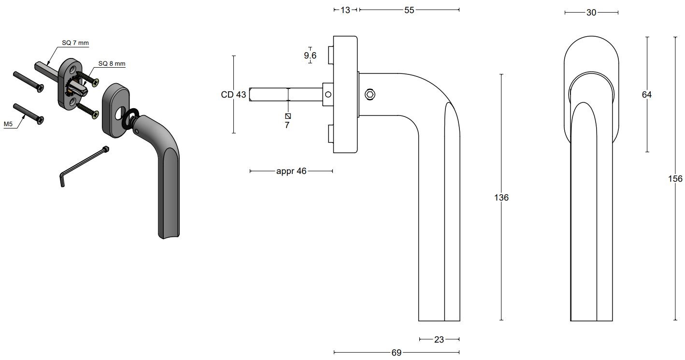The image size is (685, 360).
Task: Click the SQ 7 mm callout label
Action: coord(75,43)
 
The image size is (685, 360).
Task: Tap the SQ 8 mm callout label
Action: coord(112,63)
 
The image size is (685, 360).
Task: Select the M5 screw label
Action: coord(8,124)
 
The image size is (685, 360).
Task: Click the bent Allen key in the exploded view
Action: coord(82,164)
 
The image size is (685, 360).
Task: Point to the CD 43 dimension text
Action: coord(234,95)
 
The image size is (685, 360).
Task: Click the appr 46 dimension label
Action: coord(291,171)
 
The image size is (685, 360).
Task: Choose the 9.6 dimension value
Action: coord(310,56)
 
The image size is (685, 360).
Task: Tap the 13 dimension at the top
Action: coord(345,10)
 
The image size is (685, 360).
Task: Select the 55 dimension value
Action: coord(409,10)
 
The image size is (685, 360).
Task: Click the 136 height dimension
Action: coord(501,198)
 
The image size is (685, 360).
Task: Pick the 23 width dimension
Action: coord(439,340)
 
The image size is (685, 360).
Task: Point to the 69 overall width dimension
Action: coord(397,353)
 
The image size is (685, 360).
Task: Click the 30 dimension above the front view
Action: coord(591,13)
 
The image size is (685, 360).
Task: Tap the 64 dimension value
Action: coord(647,95)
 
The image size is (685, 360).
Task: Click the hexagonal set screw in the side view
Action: coord(370,95)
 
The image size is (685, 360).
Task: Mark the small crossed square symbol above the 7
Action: coord(288,116)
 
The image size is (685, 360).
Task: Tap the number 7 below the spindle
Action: coord(287,125)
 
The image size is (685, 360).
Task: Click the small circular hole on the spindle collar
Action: coord(328,95)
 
